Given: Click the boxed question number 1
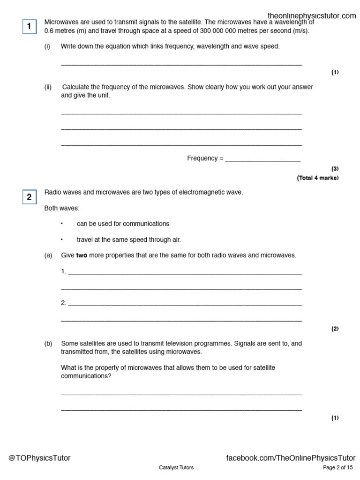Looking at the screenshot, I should coord(29,27).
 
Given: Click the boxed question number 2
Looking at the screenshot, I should coord(29,197).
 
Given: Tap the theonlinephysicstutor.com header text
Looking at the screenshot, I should coord(312,16).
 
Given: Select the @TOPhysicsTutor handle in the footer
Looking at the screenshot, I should coord(39,458).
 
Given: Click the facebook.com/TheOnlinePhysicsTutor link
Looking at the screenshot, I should coord(291,458).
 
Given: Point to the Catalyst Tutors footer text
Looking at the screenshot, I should coord(176,467).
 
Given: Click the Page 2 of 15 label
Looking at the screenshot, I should coord(337,467).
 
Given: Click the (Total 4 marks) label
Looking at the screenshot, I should coord(317,178).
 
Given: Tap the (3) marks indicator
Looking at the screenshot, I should coord(335,168).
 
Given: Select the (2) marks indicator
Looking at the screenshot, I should coord(335,329).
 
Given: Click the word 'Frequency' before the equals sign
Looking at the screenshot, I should coord(202,158).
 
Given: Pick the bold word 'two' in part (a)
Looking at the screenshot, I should coord(82,255).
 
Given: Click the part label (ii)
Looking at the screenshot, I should coord(48,87).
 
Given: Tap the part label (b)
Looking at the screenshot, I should coord(48,344).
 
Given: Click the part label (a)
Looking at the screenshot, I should coord(48,255).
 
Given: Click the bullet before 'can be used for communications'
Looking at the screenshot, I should coord(61,224).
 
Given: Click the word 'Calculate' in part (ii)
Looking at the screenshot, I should coord(75,87).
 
